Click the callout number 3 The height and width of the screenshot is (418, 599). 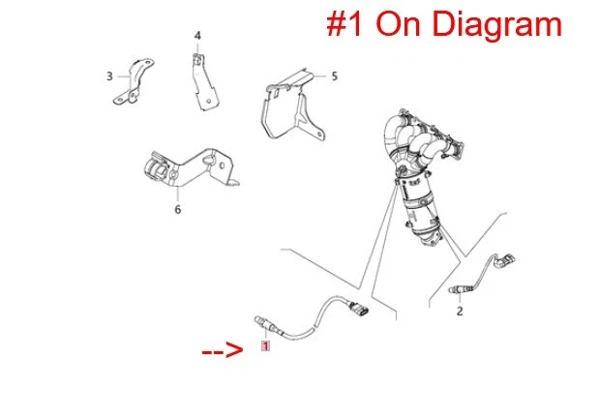coord(109,76)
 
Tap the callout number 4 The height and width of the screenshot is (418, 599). coord(197,36)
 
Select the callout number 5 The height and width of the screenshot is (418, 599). coord(334,76)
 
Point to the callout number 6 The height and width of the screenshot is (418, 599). coord(178,209)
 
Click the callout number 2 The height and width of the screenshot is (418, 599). coord(460,311)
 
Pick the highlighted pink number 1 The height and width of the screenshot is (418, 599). coord(265,346)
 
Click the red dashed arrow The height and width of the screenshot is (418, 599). coord(223,350)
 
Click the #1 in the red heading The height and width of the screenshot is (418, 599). coord(344,23)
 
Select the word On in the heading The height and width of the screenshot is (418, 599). coord(398,23)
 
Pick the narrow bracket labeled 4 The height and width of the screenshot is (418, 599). coord(204,82)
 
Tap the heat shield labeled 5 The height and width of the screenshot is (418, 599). coord(292,105)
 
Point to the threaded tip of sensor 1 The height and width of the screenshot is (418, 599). coord(259,320)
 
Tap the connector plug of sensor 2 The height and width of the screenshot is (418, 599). coord(505,260)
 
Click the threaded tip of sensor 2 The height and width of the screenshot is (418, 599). coord(453,289)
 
